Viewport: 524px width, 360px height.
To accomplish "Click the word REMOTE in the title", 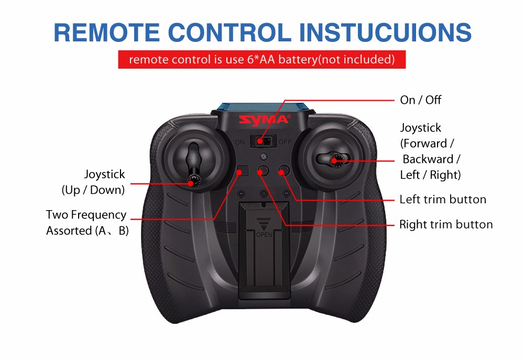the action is tap(106, 32).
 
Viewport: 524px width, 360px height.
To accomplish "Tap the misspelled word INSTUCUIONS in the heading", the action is tap(385, 32).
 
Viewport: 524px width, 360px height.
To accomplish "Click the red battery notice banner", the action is tap(261, 60).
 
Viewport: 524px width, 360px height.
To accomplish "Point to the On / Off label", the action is tap(420, 100).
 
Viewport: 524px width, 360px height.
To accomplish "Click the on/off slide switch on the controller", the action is tap(264, 141).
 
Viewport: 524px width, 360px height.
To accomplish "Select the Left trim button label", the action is tap(443, 199).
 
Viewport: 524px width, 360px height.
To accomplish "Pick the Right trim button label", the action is tap(446, 224).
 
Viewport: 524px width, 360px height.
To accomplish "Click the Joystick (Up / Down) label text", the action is tap(93, 182).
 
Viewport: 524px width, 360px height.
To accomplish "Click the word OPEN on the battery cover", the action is tap(264, 235).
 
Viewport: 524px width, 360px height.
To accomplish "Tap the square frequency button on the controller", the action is tap(243, 171).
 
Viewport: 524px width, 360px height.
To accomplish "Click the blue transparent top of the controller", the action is tap(263, 107).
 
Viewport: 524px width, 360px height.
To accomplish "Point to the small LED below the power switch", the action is tap(264, 156).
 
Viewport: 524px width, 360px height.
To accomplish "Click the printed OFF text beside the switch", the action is tap(285, 141).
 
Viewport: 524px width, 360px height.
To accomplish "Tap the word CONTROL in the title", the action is tap(230, 32).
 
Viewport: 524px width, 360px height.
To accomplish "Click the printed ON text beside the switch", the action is tap(239, 143).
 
